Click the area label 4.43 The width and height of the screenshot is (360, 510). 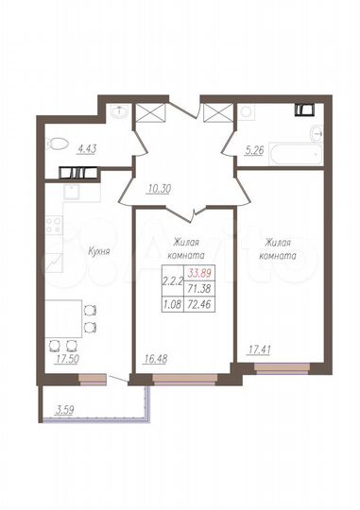pyautogui.click(x=87, y=146)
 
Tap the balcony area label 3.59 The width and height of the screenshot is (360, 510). pyautogui.click(x=65, y=409)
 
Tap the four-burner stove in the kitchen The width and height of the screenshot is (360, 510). pyautogui.click(x=54, y=229)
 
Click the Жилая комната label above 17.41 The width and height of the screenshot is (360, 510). pyautogui.click(x=278, y=249)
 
